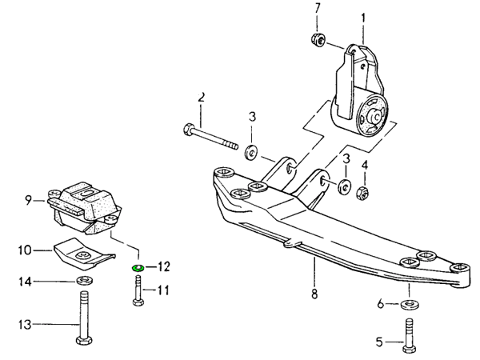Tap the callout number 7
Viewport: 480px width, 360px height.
tap(316, 9)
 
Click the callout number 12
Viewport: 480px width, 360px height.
tap(164, 266)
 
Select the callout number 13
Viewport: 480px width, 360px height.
tap(26, 324)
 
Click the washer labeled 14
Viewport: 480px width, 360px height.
tap(82, 281)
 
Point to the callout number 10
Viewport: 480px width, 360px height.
tap(25, 250)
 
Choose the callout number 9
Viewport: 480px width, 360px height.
tap(28, 200)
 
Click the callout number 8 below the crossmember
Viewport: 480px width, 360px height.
tap(314, 294)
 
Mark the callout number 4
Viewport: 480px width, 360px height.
tap(365, 165)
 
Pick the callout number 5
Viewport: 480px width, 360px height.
tap(379, 342)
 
